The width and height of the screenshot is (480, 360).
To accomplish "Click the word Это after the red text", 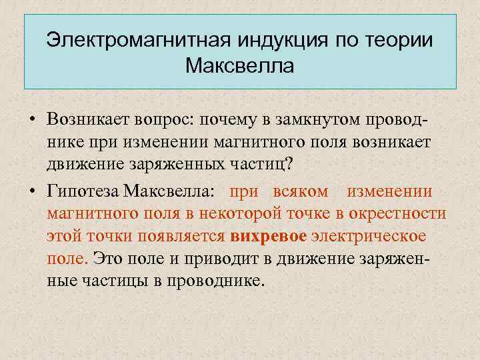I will (x=109, y=258).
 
